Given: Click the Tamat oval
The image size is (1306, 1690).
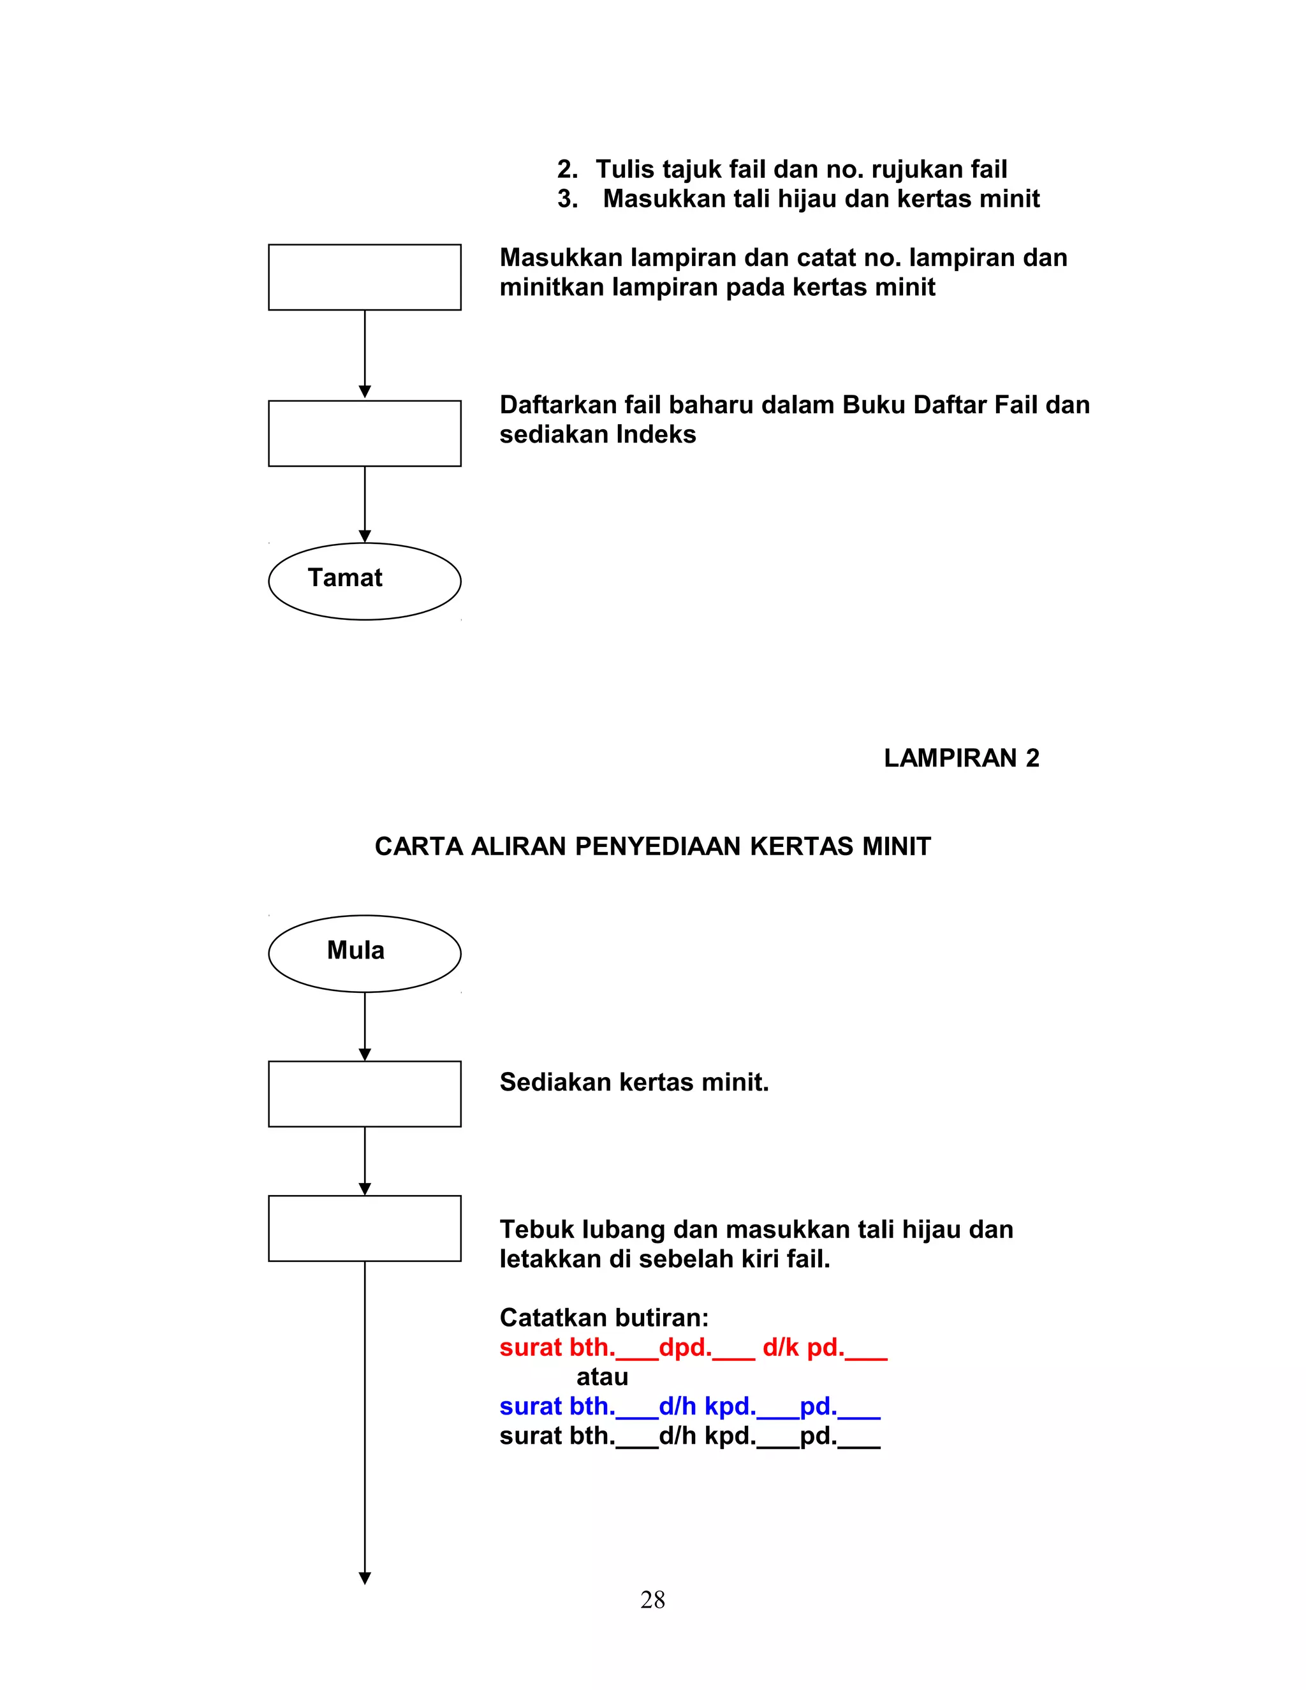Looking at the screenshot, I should click(364, 581).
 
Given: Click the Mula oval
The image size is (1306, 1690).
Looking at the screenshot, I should click(364, 953).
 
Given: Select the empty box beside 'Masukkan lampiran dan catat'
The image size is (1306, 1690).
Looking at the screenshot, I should click(364, 277).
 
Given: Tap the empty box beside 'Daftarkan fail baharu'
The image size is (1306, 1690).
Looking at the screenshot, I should click(364, 433).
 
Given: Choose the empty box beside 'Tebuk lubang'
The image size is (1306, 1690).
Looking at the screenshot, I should click(364, 1228).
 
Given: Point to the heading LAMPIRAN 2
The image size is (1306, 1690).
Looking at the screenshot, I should click(961, 758).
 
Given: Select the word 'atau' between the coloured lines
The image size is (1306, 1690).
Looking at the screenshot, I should click(602, 1377).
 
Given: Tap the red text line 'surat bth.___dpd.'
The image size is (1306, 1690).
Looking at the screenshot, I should click(693, 1348).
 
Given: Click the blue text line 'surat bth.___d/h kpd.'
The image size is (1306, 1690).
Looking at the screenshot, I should click(689, 1407).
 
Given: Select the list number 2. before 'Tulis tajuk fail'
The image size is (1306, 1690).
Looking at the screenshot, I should click(567, 170).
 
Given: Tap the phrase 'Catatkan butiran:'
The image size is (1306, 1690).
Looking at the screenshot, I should click(603, 1318).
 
